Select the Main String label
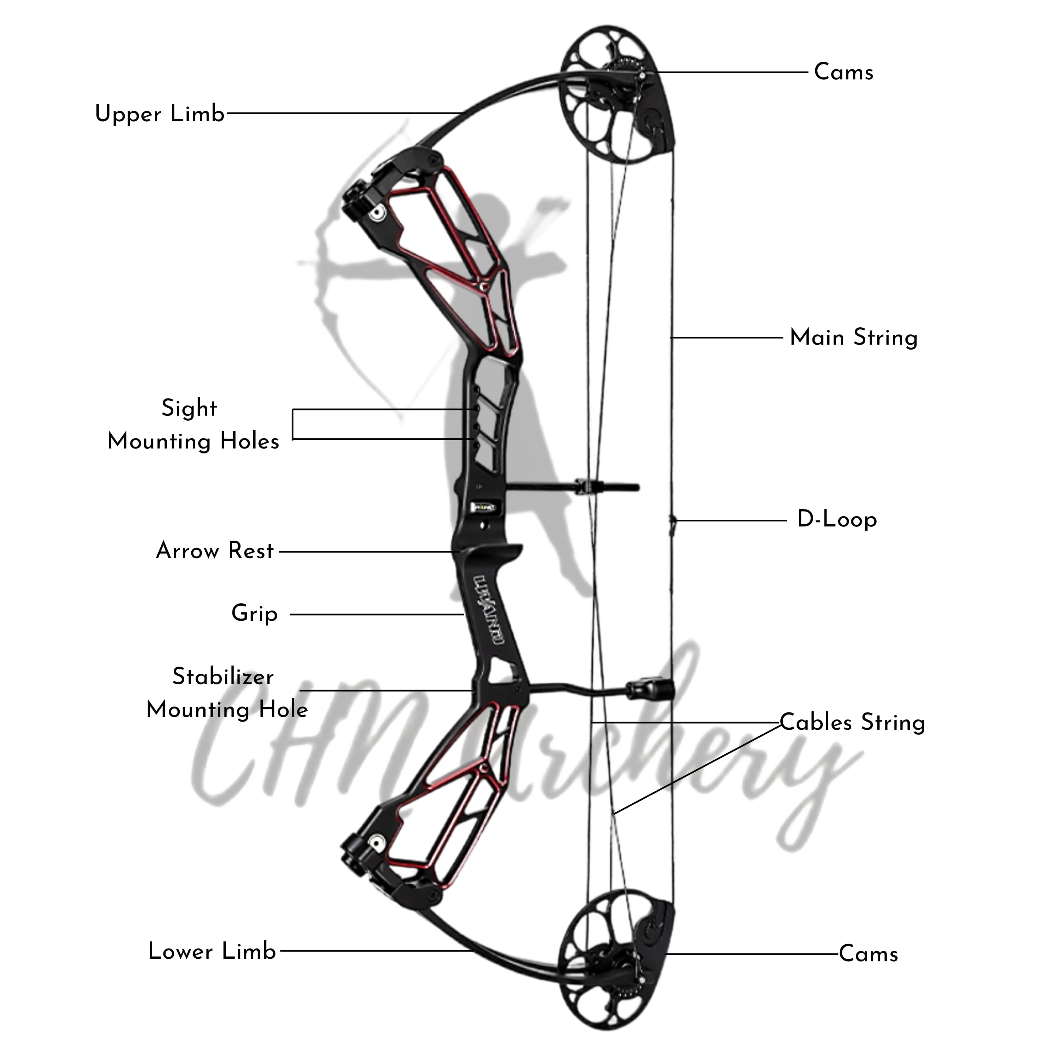(853, 338)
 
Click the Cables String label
(852, 723)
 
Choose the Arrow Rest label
(215, 551)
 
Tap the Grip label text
(254, 613)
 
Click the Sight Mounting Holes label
(193, 425)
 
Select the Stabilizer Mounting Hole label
(227, 693)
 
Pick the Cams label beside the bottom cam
(868, 954)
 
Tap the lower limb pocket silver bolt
(377, 841)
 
